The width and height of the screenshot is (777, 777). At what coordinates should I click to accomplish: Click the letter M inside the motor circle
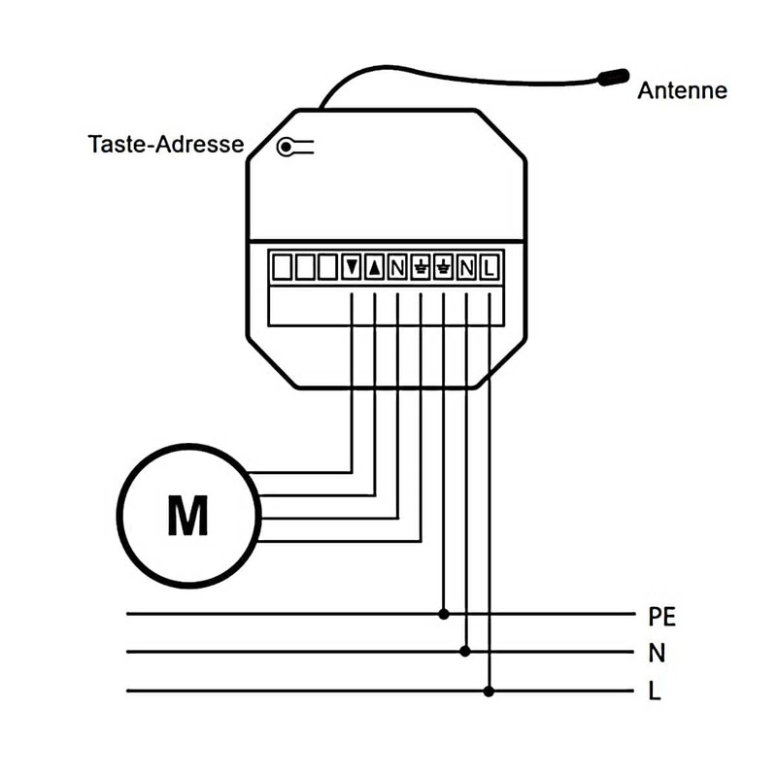pyautogui.click(x=187, y=516)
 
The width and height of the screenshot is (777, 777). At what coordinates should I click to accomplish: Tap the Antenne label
pyautogui.click(x=682, y=91)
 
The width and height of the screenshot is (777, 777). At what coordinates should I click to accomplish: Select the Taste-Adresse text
pyautogui.click(x=165, y=146)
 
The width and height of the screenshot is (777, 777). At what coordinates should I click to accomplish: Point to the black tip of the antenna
pyautogui.click(x=614, y=76)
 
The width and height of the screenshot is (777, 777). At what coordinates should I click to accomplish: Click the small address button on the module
pyautogui.click(x=287, y=147)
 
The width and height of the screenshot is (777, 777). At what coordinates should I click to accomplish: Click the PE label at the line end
pyautogui.click(x=660, y=616)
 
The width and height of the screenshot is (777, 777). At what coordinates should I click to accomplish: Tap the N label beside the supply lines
pyautogui.click(x=656, y=653)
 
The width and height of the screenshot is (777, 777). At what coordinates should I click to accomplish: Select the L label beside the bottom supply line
pyautogui.click(x=655, y=692)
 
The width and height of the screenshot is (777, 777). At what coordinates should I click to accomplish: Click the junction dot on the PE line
pyautogui.click(x=444, y=614)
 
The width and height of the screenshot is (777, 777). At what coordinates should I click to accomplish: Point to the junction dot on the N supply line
pyautogui.click(x=466, y=652)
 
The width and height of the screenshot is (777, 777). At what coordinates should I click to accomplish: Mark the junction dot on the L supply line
pyautogui.click(x=489, y=691)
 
